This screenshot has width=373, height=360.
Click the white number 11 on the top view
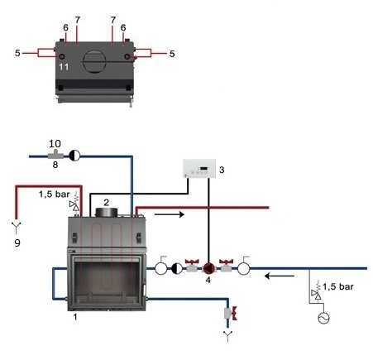pyautogui.click(x=64, y=67)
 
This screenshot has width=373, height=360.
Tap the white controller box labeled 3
pyautogui.click(x=199, y=169)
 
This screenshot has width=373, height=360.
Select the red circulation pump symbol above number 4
pyautogui.click(x=208, y=268)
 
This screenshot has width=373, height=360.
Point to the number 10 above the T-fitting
pyautogui.click(x=55, y=143)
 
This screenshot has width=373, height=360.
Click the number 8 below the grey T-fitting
pyautogui.click(x=55, y=165)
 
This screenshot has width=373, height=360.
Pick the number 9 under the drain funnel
pyautogui.click(x=17, y=242)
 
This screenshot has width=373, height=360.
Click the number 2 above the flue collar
pyautogui.click(x=106, y=203)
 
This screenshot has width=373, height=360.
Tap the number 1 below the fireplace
pyautogui.click(x=75, y=317)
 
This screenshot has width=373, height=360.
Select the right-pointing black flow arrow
pyautogui.click(x=169, y=214)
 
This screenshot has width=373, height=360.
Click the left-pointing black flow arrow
pyautogui.click(x=280, y=276)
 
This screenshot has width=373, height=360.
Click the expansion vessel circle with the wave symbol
pyautogui.click(x=323, y=318)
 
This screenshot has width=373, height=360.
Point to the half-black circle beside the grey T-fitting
pyautogui.click(x=74, y=156)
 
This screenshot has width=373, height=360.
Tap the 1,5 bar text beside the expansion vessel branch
pyautogui.click(x=338, y=286)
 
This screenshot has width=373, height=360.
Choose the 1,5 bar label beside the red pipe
pyautogui.click(x=54, y=194)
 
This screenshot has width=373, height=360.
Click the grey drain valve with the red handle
pyautogui.click(x=231, y=313)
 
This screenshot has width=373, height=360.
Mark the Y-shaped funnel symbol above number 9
pyautogui.click(x=17, y=228)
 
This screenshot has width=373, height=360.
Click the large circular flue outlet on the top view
pyautogui.click(x=94, y=61)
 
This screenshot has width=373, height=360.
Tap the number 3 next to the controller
pyautogui.click(x=222, y=170)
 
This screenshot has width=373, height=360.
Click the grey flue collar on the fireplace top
pyautogui.click(x=107, y=212)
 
